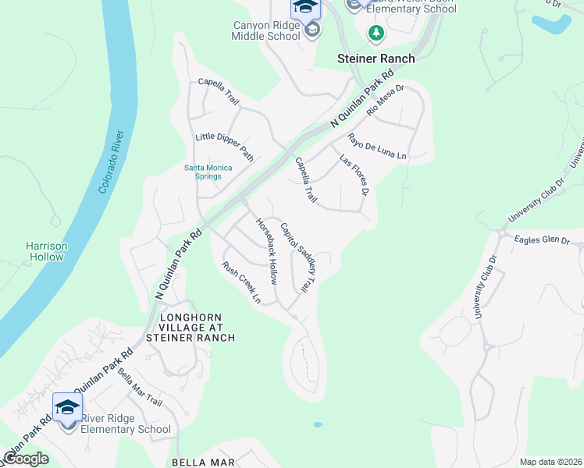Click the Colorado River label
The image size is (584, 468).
pos(109,162)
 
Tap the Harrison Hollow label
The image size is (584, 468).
pos(47,251)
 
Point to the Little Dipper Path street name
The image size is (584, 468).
pos(225,147)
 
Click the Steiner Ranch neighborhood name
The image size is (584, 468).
pos(376,58)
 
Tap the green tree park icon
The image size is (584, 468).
pos(376,33)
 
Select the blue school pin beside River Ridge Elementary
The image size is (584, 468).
pos(67,408)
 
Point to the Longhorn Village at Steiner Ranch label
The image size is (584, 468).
pos(196,328)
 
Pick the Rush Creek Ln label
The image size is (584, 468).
pos(240,282)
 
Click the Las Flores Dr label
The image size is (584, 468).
pos(354,174)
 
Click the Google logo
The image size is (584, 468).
pos(26,459)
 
